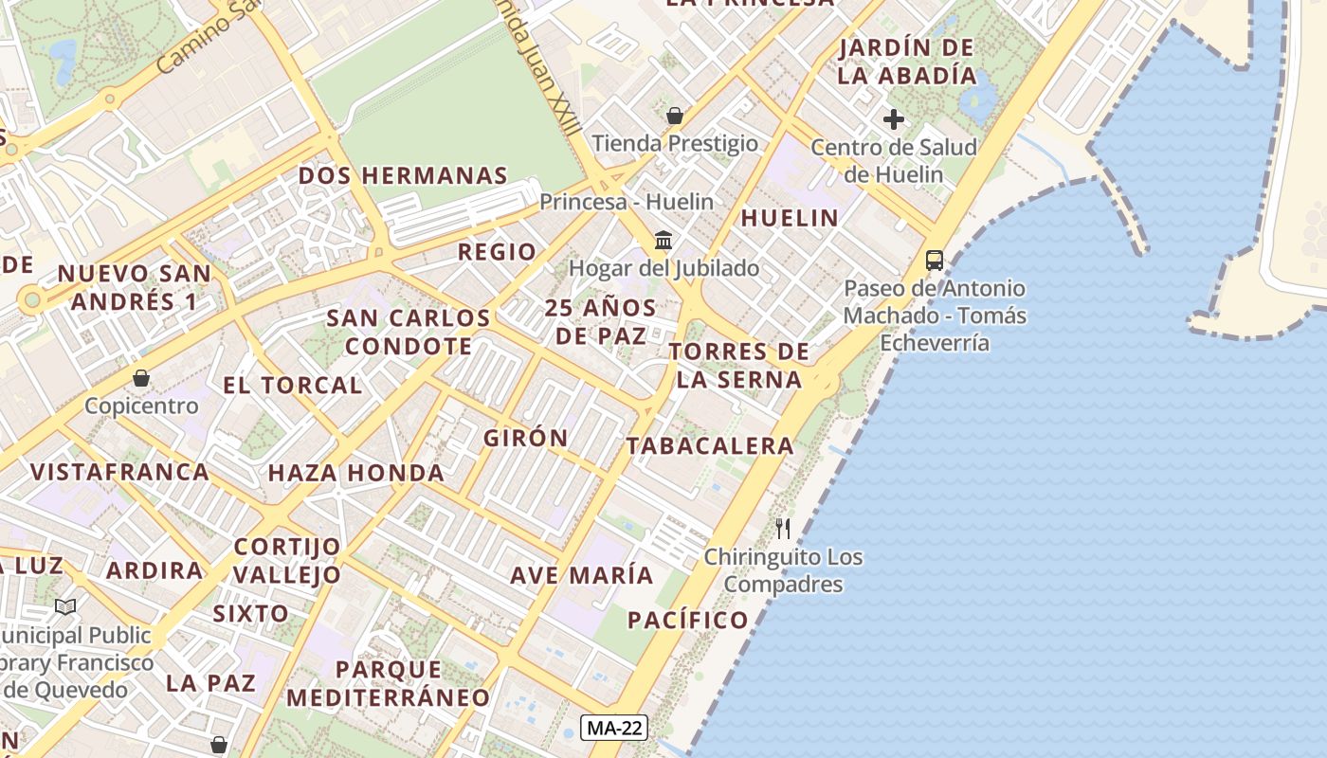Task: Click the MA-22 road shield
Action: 614,728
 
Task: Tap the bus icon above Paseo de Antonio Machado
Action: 934,260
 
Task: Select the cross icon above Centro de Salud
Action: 893,119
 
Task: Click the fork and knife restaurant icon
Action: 783,529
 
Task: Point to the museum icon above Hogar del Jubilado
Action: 663,241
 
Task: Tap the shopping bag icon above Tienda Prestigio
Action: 675,117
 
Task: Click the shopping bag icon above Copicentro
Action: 141,378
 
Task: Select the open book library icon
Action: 65,606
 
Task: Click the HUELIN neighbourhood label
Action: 790,218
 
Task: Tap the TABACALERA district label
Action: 710,445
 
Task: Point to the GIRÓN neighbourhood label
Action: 526,438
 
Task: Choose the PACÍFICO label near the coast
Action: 688,621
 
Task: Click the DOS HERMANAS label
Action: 403,175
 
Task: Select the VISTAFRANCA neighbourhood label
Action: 119,472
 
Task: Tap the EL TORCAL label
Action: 292,386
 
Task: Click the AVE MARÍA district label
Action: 582,575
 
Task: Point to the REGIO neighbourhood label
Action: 497,252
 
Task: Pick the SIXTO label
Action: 250,613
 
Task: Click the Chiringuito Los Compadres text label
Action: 783,570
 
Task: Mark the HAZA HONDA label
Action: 355,473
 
